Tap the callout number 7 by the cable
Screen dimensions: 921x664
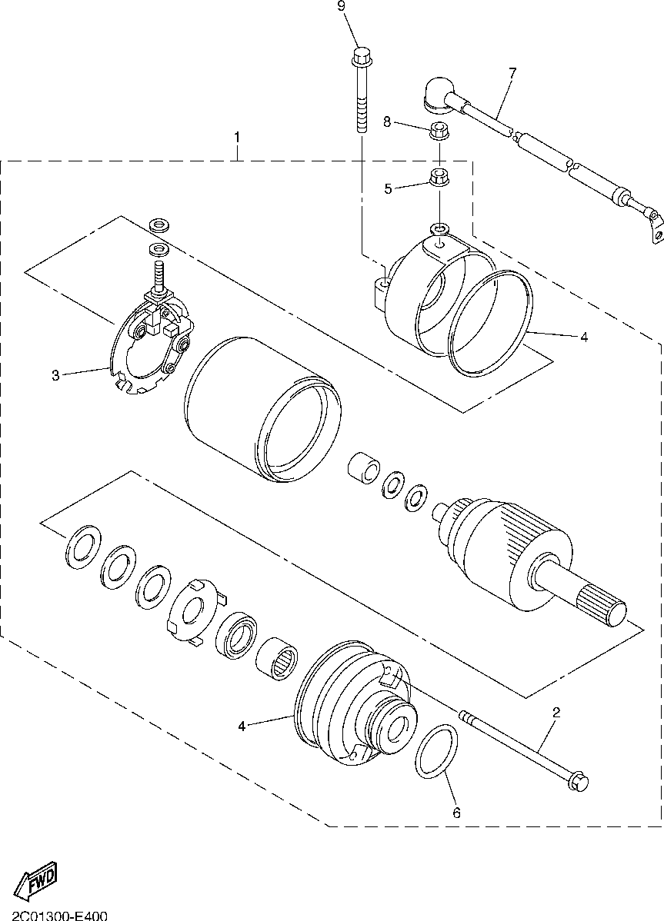pyautogui.click(x=512, y=73)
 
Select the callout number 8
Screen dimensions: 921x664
pyautogui.click(x=388, y=121)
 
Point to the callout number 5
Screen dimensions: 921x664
pyautogui.click(x=388, y=188)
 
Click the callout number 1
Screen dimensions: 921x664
pyautogui.click(x=237, y=138)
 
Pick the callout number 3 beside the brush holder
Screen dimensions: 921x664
pyautogui.click(x=55, y=376)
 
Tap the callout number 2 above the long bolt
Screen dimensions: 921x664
pyautogui.click(x=556, y=713)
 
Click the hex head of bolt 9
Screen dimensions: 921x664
pyautogui.click(x=360, y=57)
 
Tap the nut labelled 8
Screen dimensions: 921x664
pyautogui.click(x=439, y=129)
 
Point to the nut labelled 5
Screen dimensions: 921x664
pyautogui.click(x=439, y=176)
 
